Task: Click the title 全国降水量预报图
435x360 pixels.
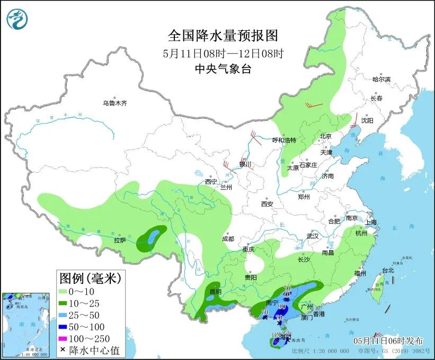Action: [x=223, y=36]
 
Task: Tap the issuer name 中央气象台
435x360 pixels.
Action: [x=223, y=68]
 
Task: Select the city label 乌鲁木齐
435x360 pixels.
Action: [x=115, y=103]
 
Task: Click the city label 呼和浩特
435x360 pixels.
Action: [x=284, y=141]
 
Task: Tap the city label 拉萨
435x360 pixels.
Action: [x=120, y=240]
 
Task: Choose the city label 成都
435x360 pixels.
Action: [x=228, y=239]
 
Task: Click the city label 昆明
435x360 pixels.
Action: [x=215, y=292]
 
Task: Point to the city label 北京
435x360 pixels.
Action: [x=325, y=136]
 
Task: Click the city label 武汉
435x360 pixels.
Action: [x=313, y=236]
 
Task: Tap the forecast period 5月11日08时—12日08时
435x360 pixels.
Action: [x=223, y=53]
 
